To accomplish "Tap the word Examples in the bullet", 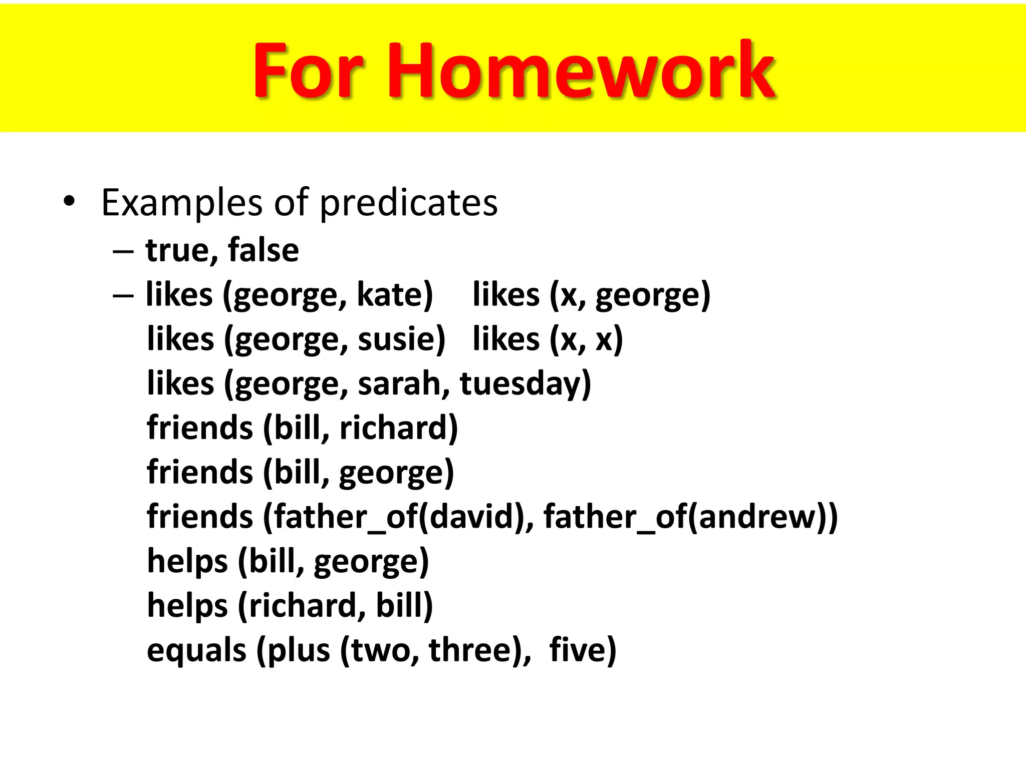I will [181, 203].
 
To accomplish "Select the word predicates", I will [408, 203].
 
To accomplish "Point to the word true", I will [181, 250].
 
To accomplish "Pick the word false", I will [263, 250].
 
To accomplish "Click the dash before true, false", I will [123, 250].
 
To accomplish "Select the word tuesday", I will [521, 383].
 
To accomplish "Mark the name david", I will [473, 517].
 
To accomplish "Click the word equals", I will [196, 650].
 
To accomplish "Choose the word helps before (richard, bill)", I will [187, 606].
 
